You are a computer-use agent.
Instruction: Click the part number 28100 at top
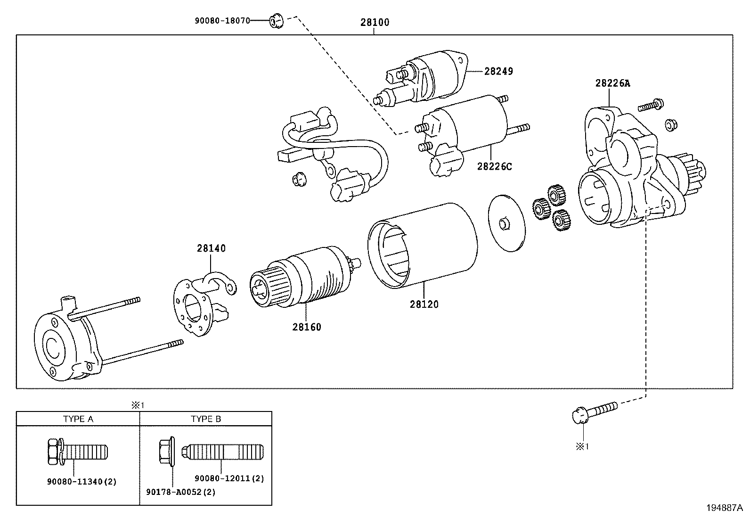pyautogui.click(x=375, y=22)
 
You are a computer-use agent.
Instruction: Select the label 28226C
pyautogui.click(x=494, y=166)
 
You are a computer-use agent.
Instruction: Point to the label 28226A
pyautogui.click(x=612, y=83)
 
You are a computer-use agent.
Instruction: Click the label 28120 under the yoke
pyautogui.click(x=424, y=304)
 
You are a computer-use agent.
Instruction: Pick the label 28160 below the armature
pyautogui.click(x=306, y=327)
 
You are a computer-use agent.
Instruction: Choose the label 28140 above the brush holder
pyautogui.click(x=211, y=248)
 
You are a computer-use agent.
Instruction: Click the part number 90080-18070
pyautogui.click(x=222, y=21)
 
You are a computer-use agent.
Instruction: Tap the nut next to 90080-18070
pyautogui.click(x=276, y=21)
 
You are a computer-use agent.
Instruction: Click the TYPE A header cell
pyautogui.click(x=78, y=419)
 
